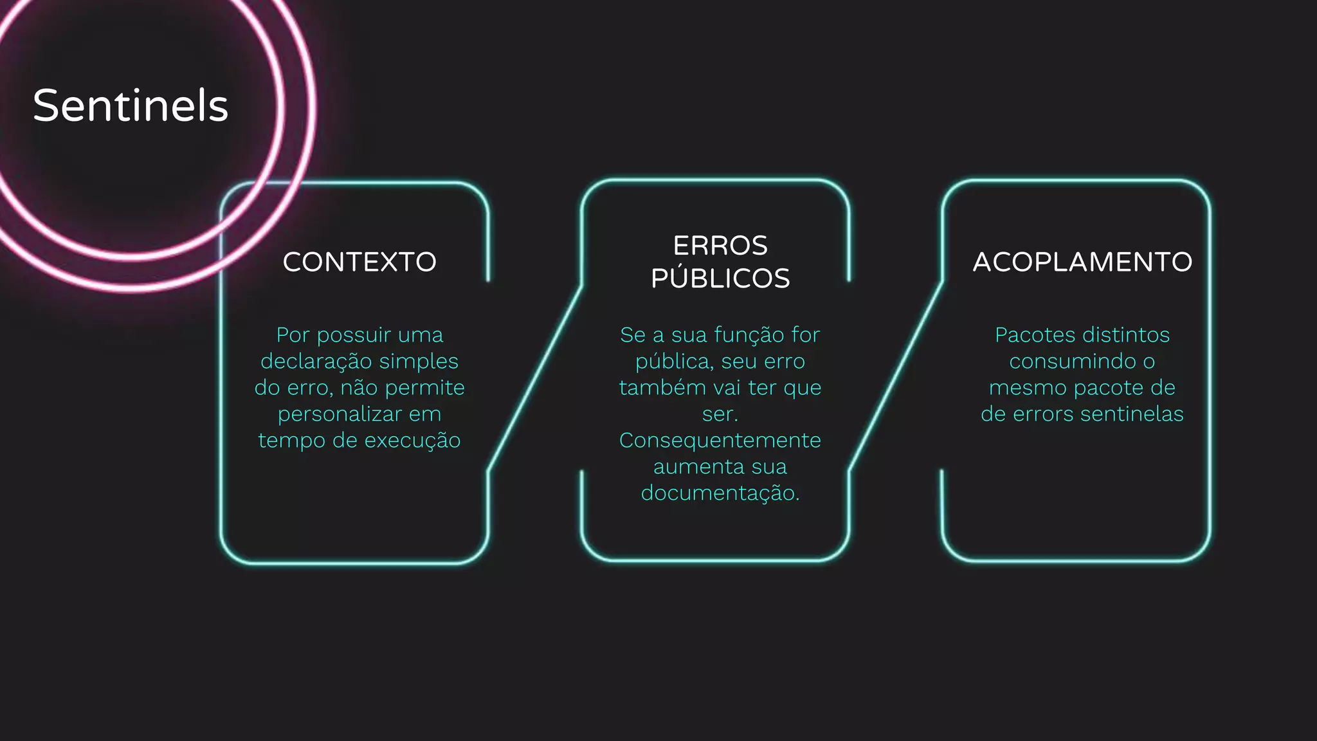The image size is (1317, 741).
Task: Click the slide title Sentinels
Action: click(x=131, y=105)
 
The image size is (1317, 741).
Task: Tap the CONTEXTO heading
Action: click(x=359, y=262)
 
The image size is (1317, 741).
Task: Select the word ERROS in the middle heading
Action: click(x=720, y=246)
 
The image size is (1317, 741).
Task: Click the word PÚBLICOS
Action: click(x=720, y=279)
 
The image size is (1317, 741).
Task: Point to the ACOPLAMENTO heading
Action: click(x=1082, y=262)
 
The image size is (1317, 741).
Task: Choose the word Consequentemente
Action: click(x=720, y=441)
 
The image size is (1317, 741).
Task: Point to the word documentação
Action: click(x=720, y=493)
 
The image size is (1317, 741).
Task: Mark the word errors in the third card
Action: click(x=1043, y=414)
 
